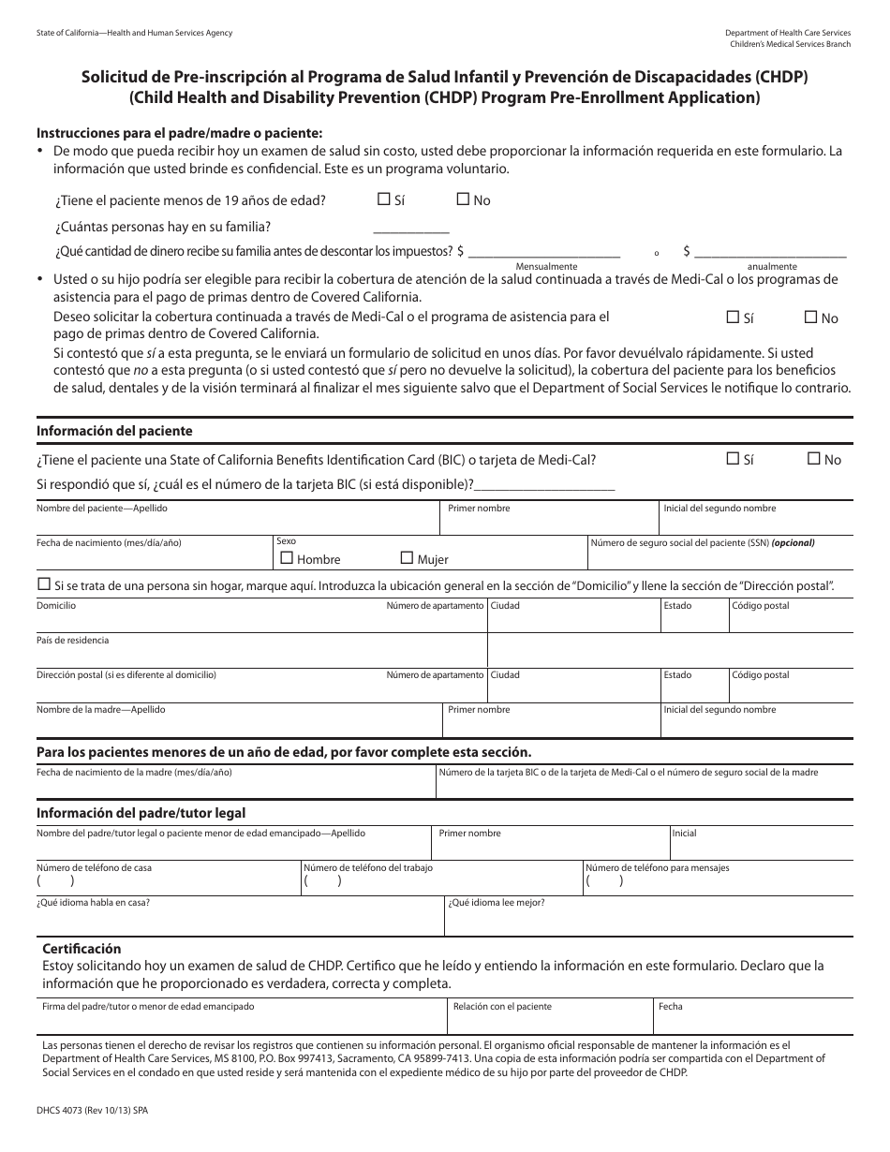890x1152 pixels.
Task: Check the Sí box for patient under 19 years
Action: pos(384,199)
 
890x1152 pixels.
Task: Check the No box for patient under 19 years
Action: pos(463,199)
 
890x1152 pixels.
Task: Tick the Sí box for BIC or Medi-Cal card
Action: pos(733,458)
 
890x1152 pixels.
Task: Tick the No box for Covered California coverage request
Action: pos(811,317)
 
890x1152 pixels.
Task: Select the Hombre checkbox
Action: pos(287,558)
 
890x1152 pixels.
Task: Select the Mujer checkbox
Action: pos(407,558)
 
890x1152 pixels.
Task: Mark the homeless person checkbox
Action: pos(43,583)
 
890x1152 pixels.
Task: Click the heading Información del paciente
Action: pos(114,431)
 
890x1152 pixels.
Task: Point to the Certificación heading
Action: pos(82,949)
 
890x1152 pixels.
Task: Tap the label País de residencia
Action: pos(72,641)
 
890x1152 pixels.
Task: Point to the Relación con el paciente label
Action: pos(502,1007)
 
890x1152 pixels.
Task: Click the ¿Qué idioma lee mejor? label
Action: pos(497,903)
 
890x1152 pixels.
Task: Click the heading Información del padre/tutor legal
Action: pos(141,813)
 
